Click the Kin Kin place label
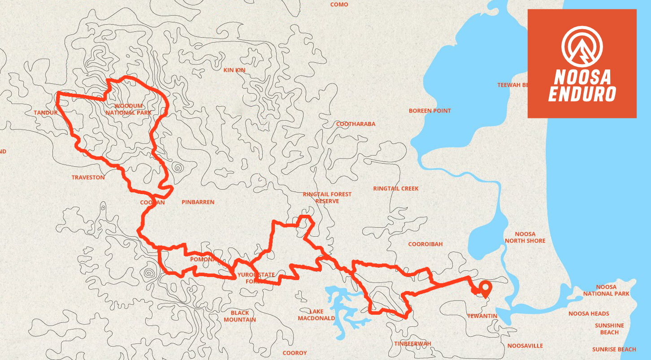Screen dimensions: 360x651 pos(234,70)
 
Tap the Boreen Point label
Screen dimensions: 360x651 pos(430,111)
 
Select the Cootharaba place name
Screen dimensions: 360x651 pos(356,124)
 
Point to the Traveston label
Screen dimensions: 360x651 pos(88,178)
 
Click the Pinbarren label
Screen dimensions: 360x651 pos(198,202)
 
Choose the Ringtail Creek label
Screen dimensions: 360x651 pos(395,189)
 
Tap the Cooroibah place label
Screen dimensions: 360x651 pos(425,244)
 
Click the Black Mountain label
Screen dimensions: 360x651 pos(239,316)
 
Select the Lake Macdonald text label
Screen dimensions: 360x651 pos(316,315)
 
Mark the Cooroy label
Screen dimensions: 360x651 pos(295,353)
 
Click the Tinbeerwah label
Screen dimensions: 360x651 pos(412,344)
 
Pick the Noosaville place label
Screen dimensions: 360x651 pos(525,346)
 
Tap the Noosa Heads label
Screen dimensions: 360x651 pos(588,314)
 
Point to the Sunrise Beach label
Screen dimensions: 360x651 pos(614,349)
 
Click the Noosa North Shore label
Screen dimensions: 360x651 pos(525,237)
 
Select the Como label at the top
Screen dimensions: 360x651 pos(339,4)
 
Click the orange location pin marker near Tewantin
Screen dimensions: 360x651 pos(485,289)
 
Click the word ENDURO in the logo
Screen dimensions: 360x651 pos(582,94)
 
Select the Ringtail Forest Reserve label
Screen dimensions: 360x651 pos(327,198)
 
